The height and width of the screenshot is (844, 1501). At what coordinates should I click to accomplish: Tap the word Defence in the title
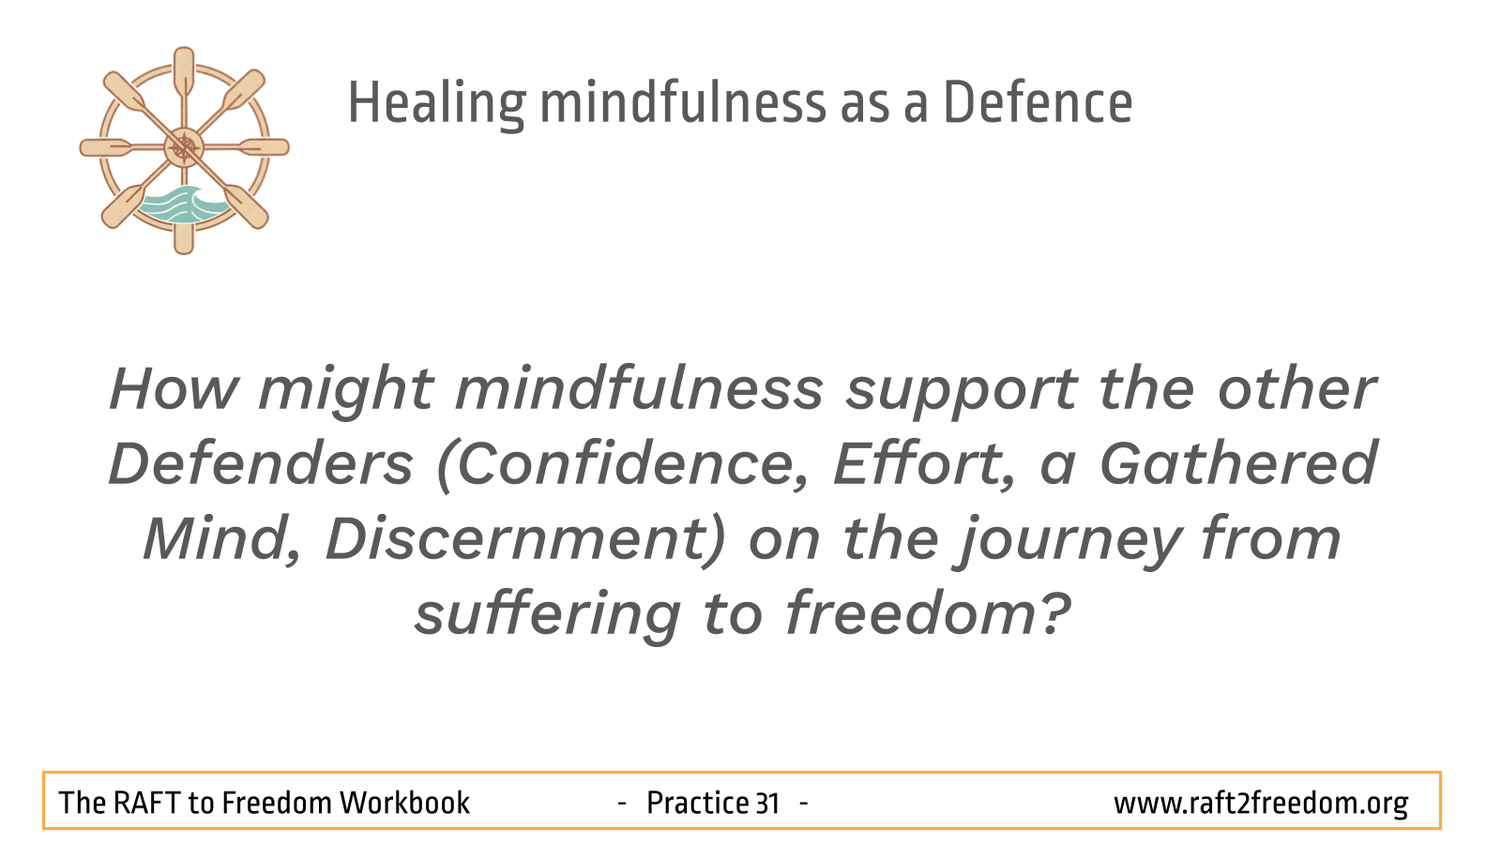(x=1038, y=102)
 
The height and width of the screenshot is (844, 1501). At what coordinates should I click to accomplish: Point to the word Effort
(x=924, y=462)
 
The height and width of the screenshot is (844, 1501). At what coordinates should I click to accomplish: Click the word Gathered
(x=1238, y=462)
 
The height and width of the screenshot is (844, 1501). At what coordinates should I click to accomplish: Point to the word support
(x=962, y=393)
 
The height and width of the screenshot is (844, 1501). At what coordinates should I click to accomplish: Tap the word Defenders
(x=261, y=463)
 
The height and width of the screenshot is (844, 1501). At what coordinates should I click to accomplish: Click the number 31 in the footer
(x=767, y=803)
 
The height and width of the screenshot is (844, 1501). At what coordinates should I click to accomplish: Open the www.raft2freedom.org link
(x=1261, y=803)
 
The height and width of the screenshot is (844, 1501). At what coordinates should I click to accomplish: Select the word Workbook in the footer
(x=404, y=803)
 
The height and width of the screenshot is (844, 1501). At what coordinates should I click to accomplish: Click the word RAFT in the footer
(x=147, y=803)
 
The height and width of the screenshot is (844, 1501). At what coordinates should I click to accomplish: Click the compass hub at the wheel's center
(x=184, y=147)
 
